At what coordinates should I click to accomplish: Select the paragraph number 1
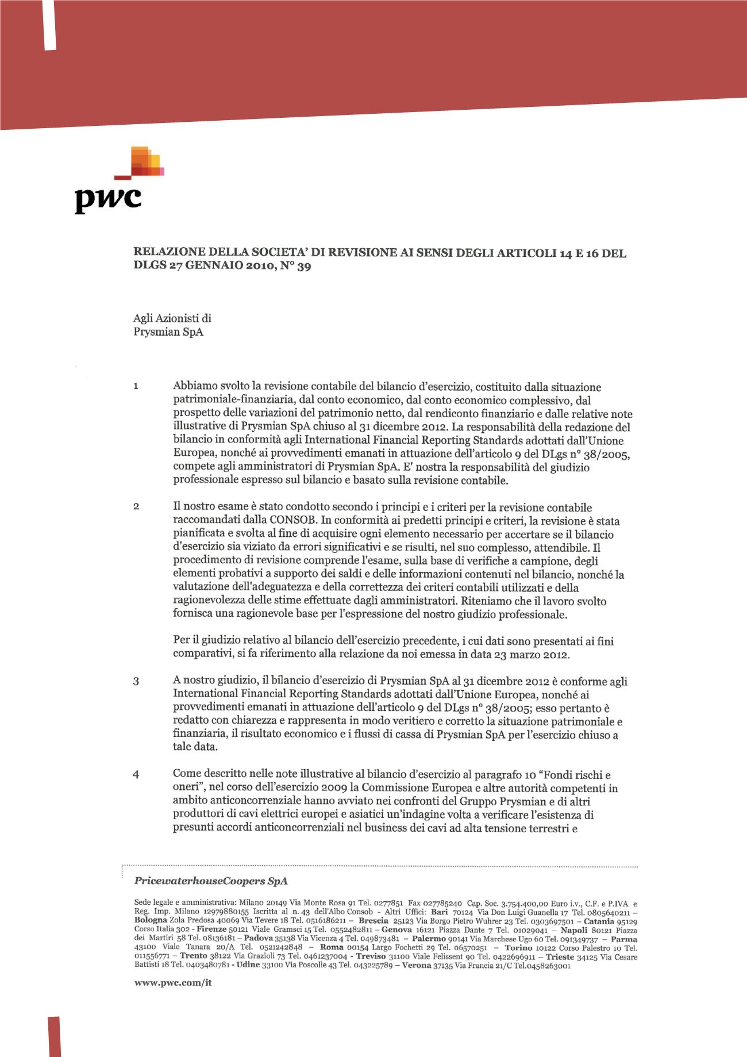click(x=136, y=386)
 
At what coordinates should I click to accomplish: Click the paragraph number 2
click(x=136, y=507)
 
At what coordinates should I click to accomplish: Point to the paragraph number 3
click(x=136, y=682)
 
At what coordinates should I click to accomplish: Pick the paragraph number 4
click(x=136, y=774)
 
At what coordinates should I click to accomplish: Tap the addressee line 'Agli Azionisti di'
click(x=172, y=318)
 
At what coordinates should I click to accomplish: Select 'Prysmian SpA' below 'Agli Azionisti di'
click(x=168, y=332)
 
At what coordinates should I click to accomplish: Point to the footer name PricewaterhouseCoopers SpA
click(x=210, y=881)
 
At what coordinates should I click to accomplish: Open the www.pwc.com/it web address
click(x=173, y=983)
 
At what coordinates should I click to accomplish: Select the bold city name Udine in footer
click(x=248, y=966)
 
